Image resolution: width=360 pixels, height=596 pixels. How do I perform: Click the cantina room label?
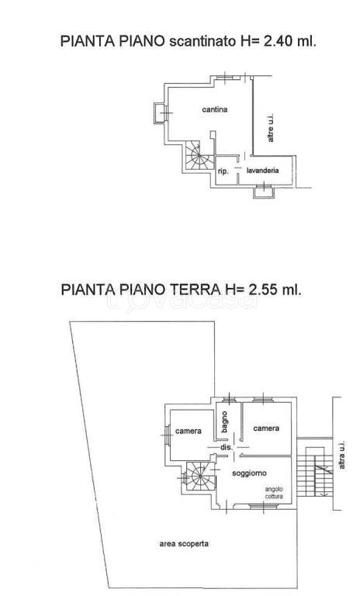click(215, 110)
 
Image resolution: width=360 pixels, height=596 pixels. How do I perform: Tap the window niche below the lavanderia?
click(262, 190)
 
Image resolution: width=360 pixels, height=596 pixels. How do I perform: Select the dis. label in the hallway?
click(227, 448)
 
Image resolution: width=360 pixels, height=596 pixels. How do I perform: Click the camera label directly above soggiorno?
click(266, 428)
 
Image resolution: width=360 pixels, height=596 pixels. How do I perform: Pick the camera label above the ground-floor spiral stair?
click(189, 431)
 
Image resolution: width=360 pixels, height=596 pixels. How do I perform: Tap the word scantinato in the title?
click(202, 41)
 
